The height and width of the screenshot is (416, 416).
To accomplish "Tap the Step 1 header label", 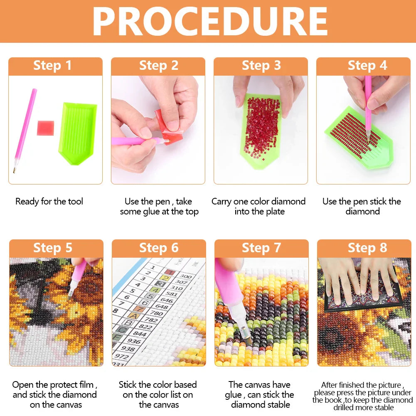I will (x=53, y=66).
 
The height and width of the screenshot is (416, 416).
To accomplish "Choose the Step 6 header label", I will (x=159, y=248).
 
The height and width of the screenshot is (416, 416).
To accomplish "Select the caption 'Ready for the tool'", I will (x=49, y=202).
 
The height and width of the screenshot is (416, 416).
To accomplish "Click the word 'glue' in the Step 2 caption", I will (x=149, y=212).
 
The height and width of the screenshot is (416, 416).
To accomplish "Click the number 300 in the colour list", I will (x=186, y=276).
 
